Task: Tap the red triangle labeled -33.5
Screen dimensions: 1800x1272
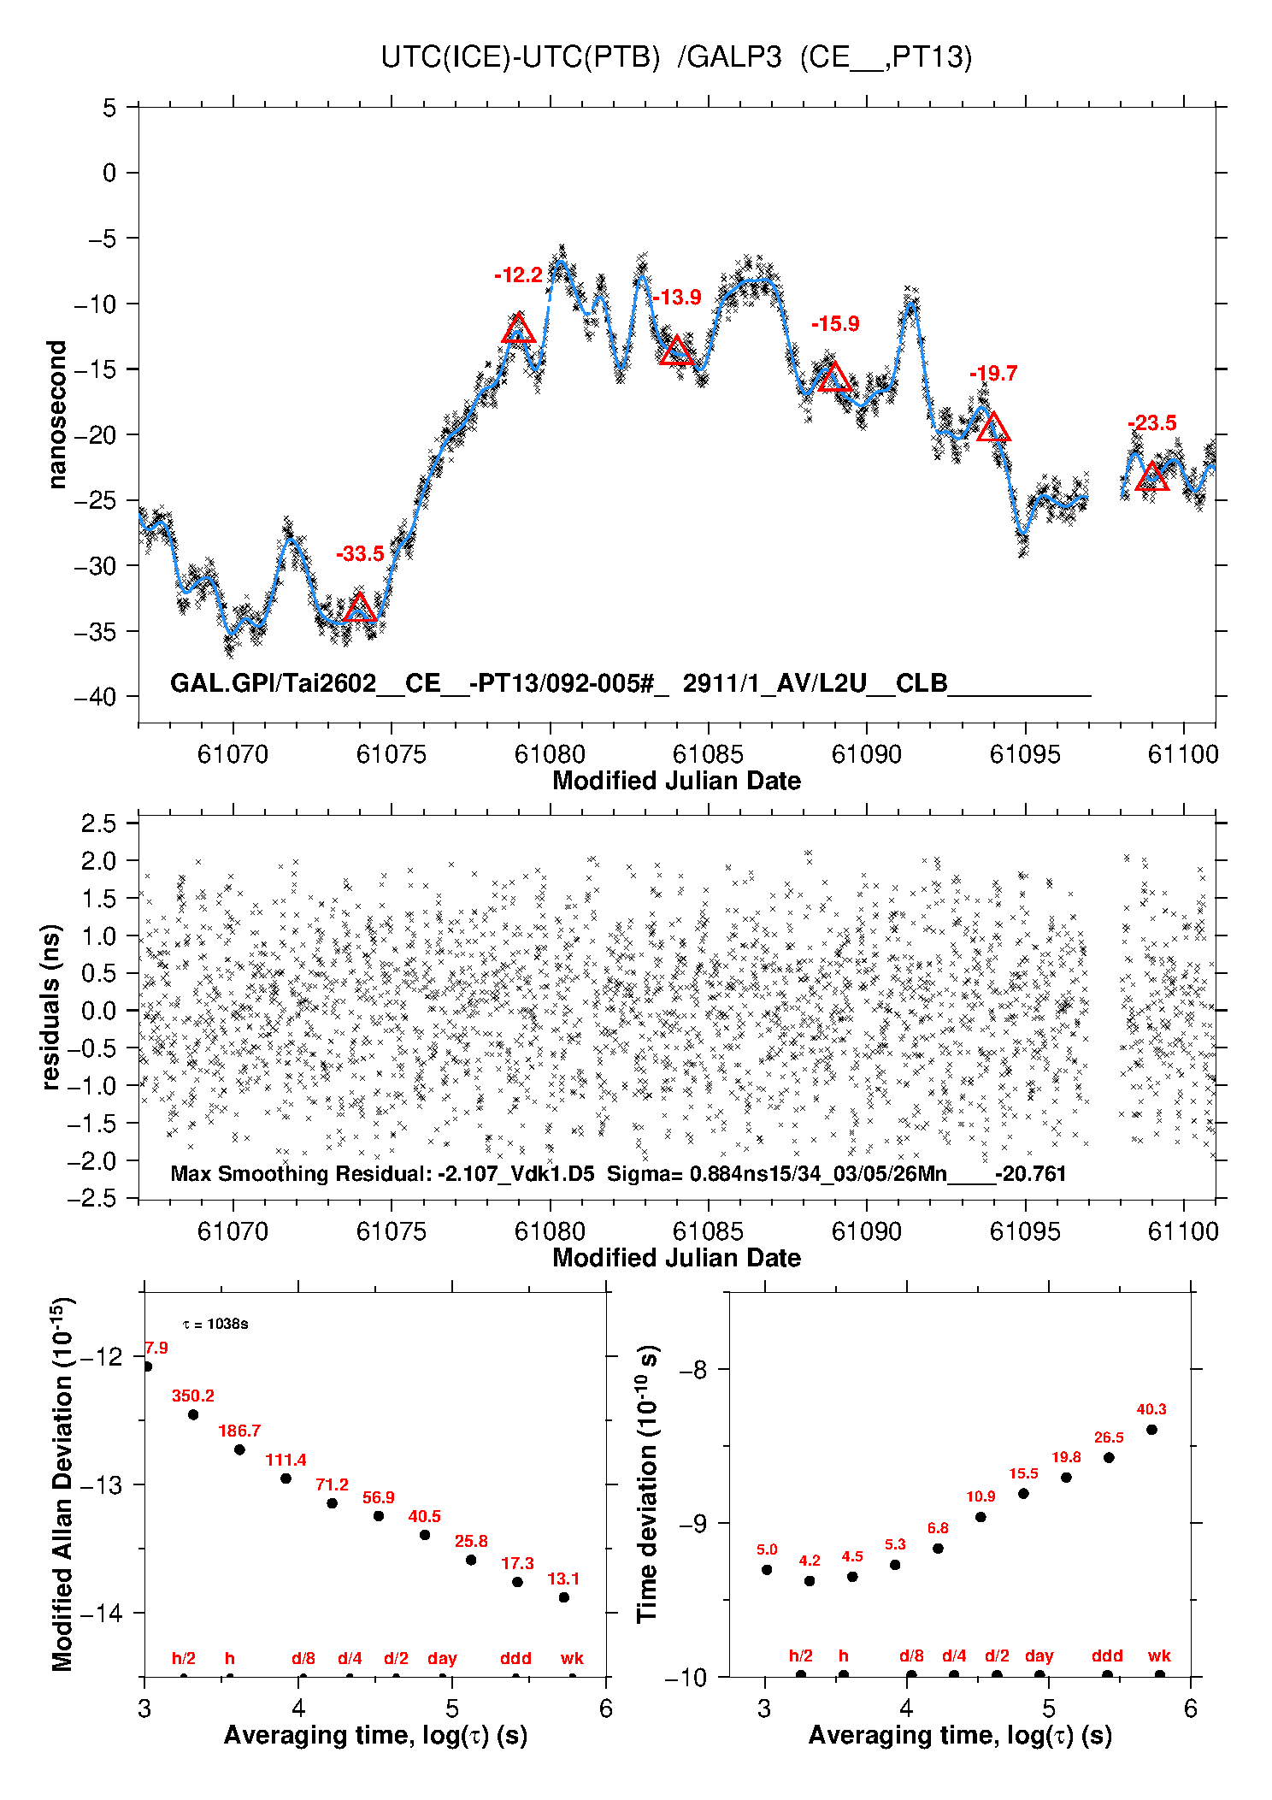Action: pos(360,608)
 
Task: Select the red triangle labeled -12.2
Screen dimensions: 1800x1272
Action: pos(518,329)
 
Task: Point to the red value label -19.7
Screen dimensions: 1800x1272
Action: pos(993,374)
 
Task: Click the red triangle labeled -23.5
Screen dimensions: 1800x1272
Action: pos(1152,476)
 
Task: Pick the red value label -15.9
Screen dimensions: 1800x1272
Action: pos(835,324)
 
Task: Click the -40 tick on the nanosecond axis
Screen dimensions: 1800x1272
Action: pos(96,697)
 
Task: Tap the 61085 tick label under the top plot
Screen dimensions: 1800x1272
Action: pos(708,754)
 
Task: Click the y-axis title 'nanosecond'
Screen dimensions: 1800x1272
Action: pos(56,415)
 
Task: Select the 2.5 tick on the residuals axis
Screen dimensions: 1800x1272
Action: pos(98,823)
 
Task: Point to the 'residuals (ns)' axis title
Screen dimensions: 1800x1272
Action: pos(51,1007)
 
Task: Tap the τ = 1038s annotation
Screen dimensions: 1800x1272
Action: pos(215,1325)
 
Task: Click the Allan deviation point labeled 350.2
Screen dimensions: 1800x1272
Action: pos(193,1414)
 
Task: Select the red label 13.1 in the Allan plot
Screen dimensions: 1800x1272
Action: pos(563,1579)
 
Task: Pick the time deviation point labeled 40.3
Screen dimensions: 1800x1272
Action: pos(1151,1430)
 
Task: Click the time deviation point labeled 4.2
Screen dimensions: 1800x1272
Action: pos(810,1581)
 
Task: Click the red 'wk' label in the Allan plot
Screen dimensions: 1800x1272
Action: pos(572,1658)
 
